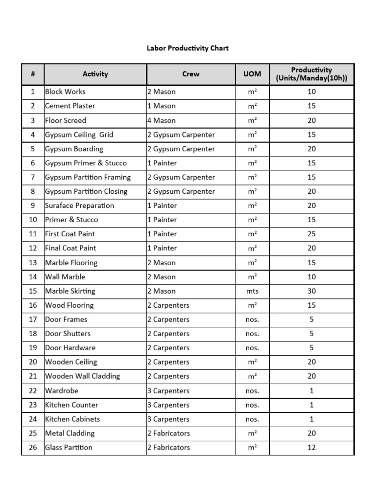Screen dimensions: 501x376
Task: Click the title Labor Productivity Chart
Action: tap(188, 48)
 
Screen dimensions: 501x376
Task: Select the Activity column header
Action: tap(95, 74)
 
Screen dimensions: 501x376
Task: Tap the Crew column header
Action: tap(190, 74)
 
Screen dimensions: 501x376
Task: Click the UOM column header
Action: tap(252, 74)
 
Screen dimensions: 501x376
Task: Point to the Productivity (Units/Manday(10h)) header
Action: tap(311, 74)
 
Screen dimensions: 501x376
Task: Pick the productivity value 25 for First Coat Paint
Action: tap(311, 234)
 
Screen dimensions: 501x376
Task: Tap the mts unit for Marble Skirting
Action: tap(252, 291)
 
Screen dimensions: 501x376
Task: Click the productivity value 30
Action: tap(311, 291)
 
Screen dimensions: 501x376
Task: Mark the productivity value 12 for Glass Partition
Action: tap(311, 447)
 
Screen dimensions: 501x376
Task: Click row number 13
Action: tap(33, 263)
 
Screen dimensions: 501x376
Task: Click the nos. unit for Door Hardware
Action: tap(252, 348)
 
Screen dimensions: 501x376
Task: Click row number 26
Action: tap(33, 447)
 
